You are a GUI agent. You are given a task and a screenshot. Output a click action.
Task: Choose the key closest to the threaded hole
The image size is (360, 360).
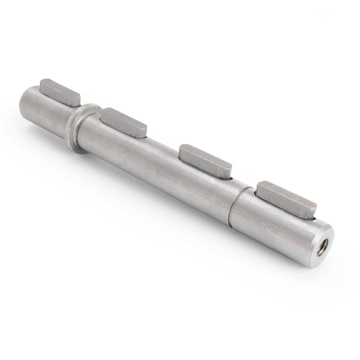pyautogui.click(x=286, y=198)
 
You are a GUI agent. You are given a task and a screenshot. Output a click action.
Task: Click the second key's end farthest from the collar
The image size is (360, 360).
pyautogui.click(x=143, y=131)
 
